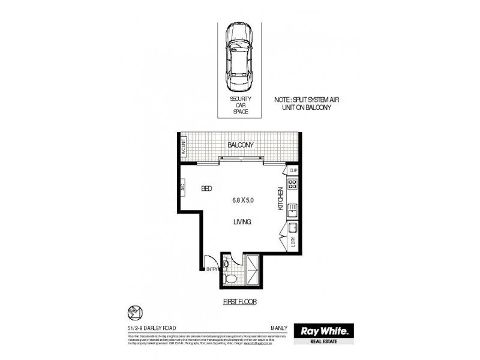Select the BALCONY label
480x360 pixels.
pos(241,145)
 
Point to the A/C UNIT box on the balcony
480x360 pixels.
pos(184,146)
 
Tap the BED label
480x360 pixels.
pos(206,188)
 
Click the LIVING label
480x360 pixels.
pos(242,222)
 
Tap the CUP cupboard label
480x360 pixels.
pos(293,171)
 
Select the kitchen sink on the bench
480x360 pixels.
pos(292,211)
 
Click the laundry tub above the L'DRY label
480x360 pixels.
pos(293,229)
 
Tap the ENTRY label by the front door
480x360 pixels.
pos(212,269)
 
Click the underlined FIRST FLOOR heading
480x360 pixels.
pos(240,302)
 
